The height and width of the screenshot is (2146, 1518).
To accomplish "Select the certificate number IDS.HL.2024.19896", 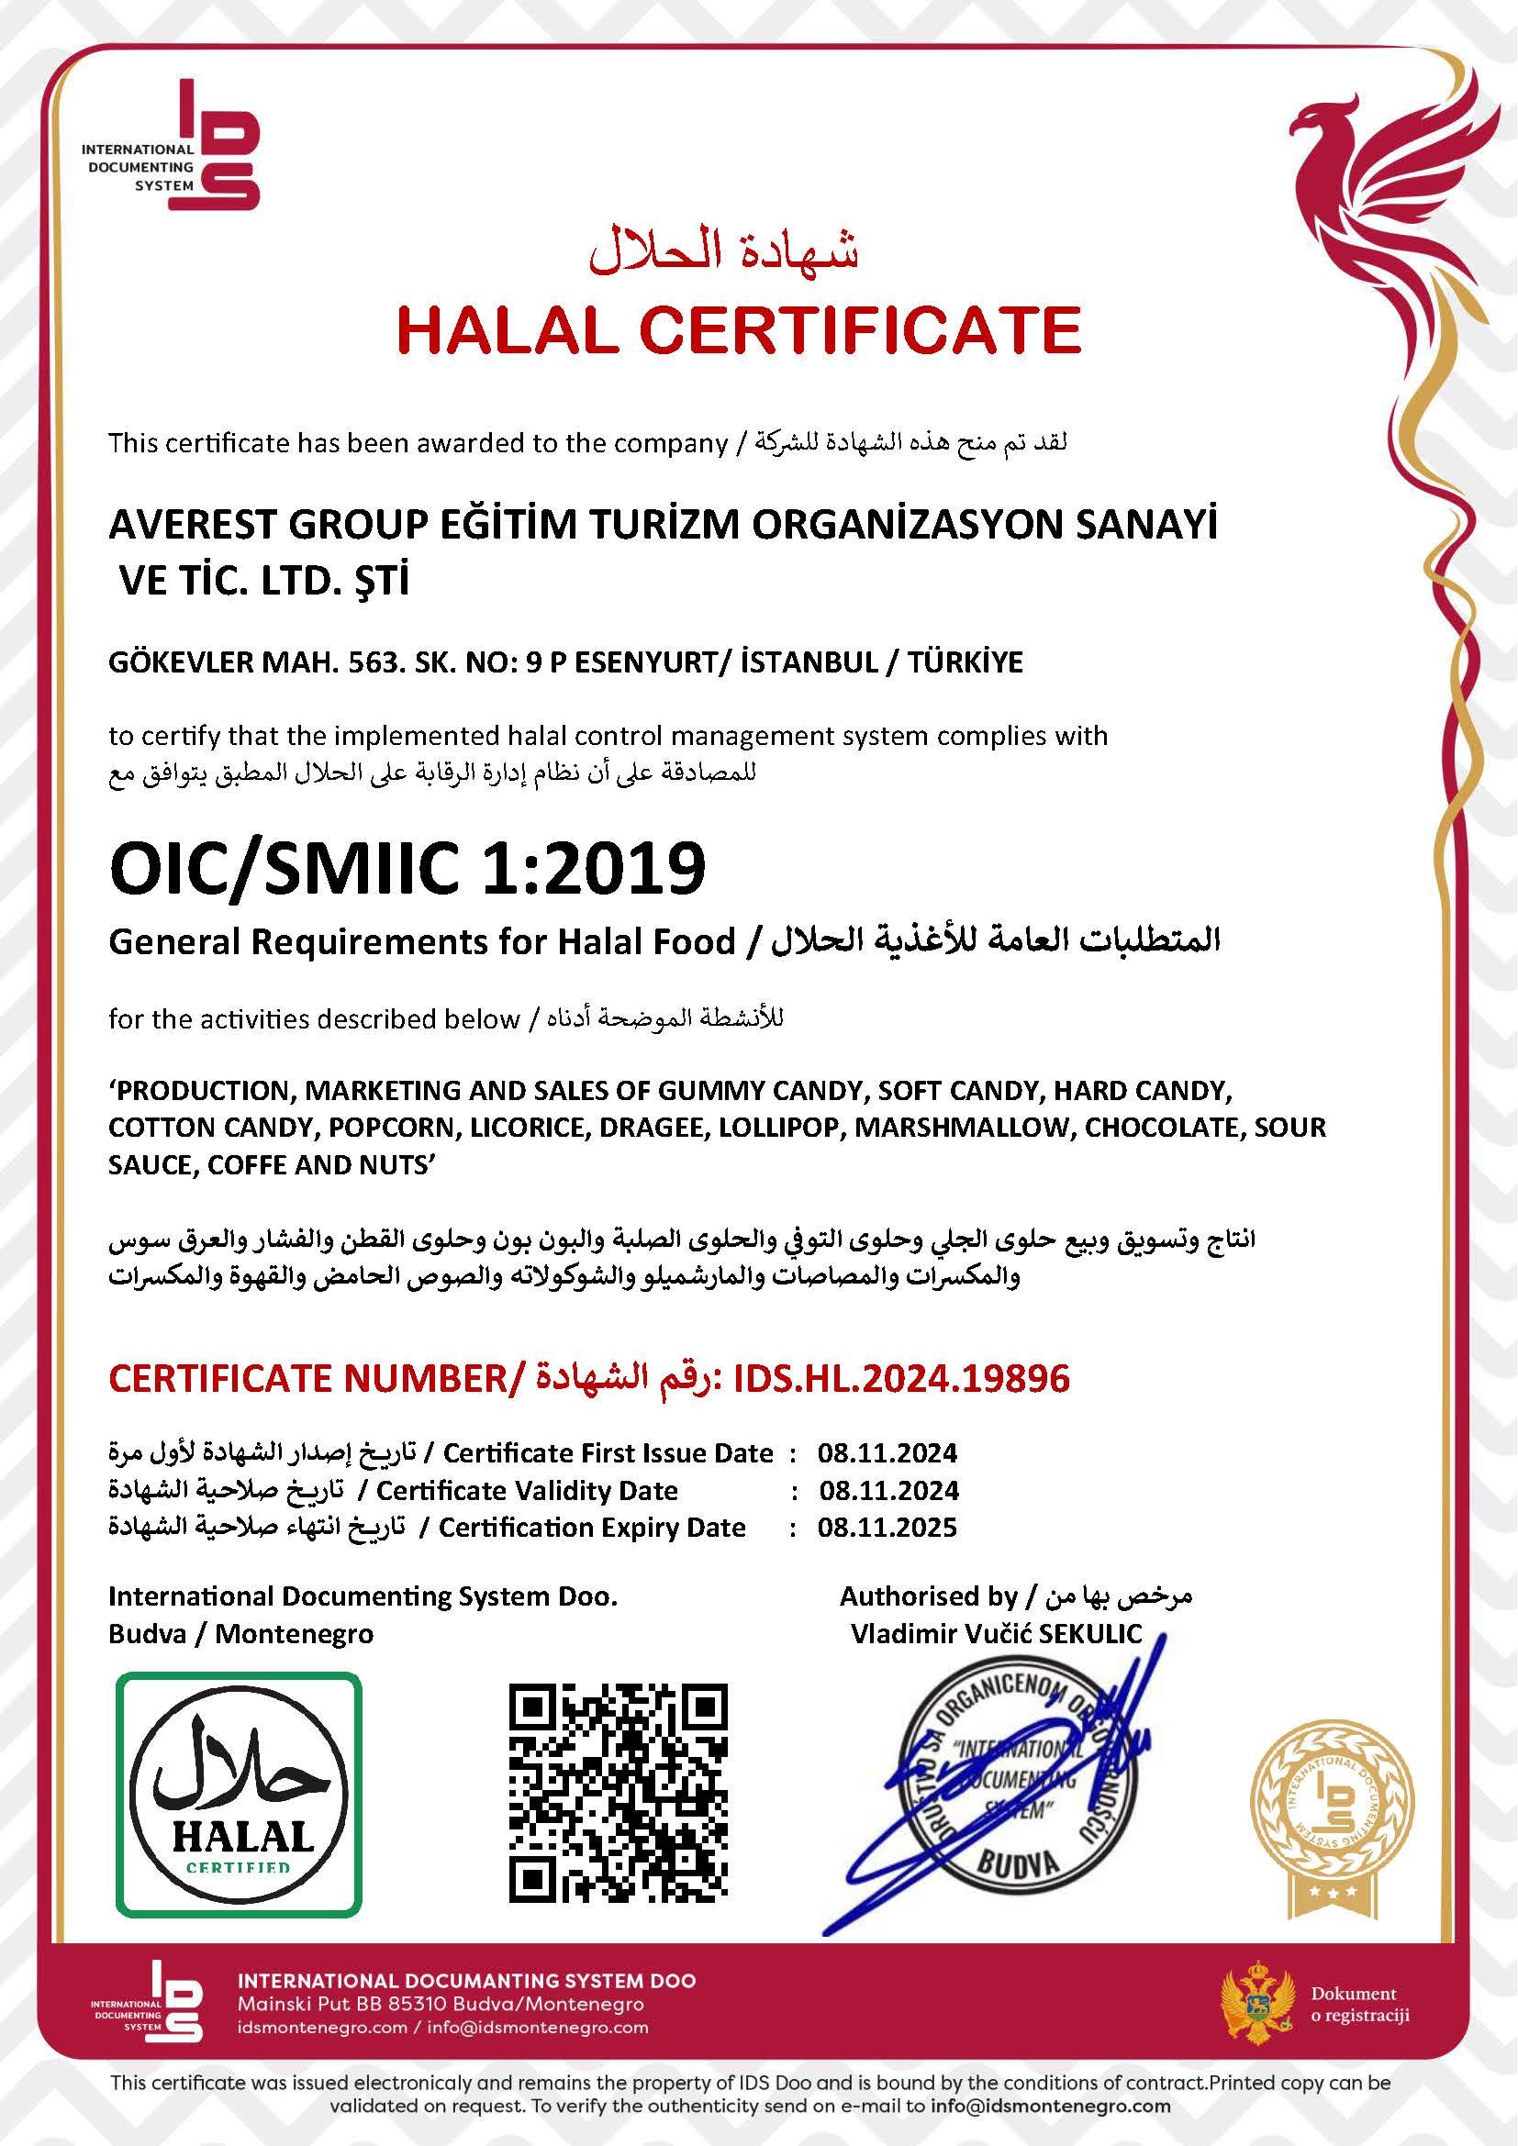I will coord(901,1379).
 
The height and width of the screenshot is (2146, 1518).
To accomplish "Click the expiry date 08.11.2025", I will coord(887,1528).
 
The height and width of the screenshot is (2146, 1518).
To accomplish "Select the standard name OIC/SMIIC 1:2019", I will coord(407,868).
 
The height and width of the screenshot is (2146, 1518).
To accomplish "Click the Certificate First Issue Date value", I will coord(887,1452).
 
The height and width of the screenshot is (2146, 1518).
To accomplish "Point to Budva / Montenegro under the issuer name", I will coord(240,1634).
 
